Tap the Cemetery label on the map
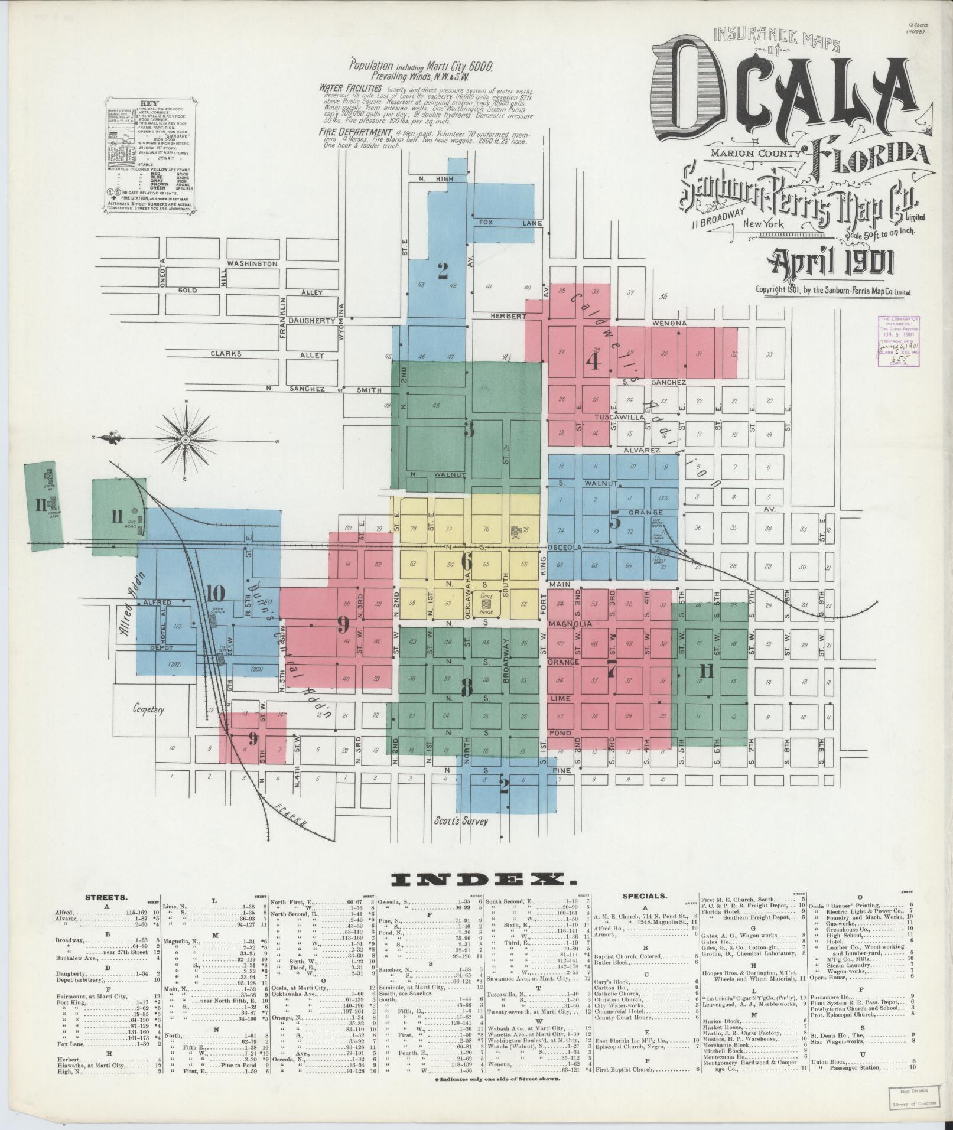(148, 709)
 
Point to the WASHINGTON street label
(252, 263)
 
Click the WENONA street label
(669, 324)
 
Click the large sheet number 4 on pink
(593, 360)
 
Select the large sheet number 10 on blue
(216, 592)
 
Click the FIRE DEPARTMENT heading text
(356, 132)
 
